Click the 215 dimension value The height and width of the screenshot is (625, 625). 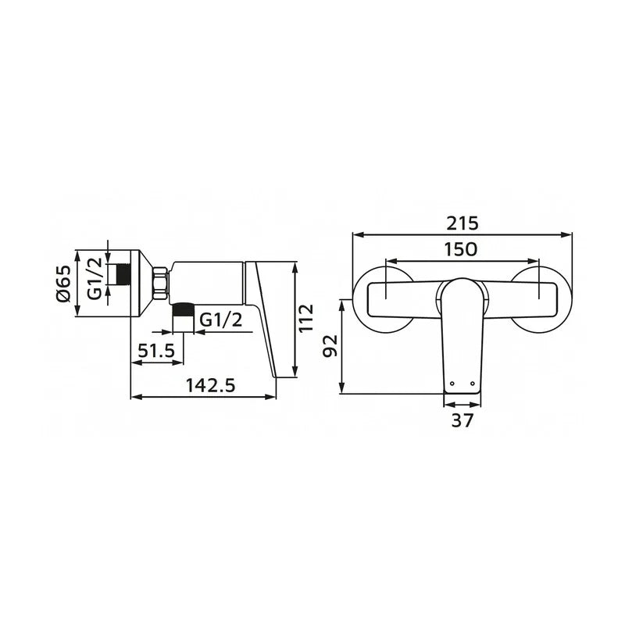[462, 223]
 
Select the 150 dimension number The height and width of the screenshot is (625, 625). [460, 250]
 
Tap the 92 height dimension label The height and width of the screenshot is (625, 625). [330, 345]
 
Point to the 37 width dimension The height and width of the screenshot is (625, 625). [462, 420]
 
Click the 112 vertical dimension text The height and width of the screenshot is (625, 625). [306, 318]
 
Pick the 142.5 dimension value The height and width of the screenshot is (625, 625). [210, 385]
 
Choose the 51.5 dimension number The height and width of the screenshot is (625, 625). [156, 351]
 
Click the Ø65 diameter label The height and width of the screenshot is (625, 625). [63, 284]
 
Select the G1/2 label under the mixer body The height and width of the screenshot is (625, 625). [220, 320]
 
